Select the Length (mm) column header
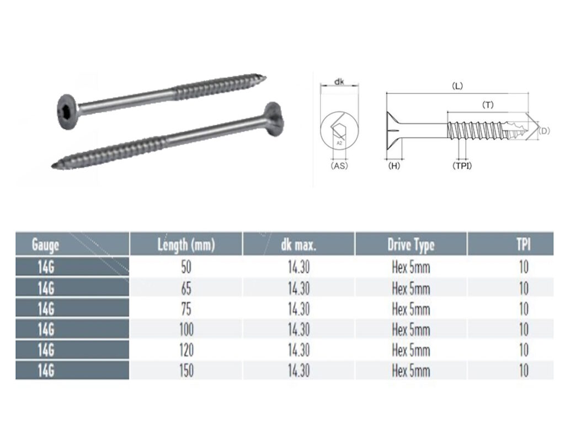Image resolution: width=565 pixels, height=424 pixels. click(x=186, y=244)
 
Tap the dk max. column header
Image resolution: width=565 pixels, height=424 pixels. click(x=299, y=244)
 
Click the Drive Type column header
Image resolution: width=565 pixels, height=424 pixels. click(x=411, y=244)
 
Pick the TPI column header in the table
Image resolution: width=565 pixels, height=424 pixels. click(x=523, y=244)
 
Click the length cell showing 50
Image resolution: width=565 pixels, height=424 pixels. click(x=187, y=267)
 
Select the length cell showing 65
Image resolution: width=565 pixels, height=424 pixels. click(x=187, y=288)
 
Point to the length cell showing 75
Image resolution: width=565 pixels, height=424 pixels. click(x=187, y=308)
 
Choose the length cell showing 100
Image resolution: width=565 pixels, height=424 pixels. click(x=187, y=330)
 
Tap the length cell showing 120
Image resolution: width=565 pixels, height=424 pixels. click(x=187, y=350)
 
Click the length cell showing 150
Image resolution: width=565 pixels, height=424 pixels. click(x=187, y=370)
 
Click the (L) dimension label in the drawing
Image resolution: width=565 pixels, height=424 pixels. click(x=457, y=86)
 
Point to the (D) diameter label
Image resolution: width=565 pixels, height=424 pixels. click(x=543, y=131)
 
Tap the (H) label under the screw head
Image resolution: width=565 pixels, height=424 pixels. click(x=394, y=165)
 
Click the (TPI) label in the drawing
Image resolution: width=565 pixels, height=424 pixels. click(x=462, y=165)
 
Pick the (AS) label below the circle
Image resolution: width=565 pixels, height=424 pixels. click(x=339, y=165)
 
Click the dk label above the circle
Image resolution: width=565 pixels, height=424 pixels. click(x=340, y=82)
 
